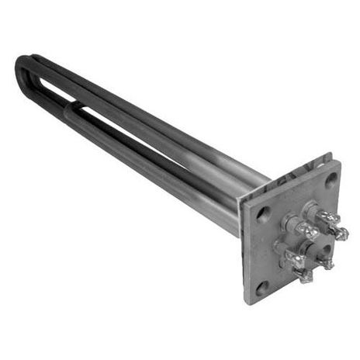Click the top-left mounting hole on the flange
tap(265, 209)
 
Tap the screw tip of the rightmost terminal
tap(342, 233)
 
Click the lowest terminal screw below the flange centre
tap(304, 276)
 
